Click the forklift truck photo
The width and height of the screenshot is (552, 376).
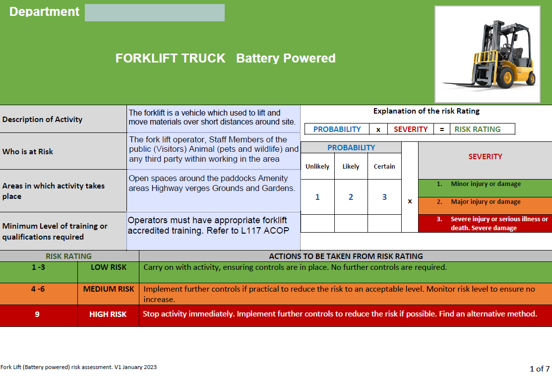click(487, 54)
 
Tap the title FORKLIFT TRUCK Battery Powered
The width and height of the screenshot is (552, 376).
click(225, 59)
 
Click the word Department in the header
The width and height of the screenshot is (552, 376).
click(44, 12)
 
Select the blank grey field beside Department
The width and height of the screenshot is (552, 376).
click(154, 13)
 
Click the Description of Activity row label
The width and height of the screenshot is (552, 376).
click(43, 120)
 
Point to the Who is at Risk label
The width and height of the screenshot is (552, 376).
click(28, 151)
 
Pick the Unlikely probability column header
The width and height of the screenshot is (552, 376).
click(317, 167)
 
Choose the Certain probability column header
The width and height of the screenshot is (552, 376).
click(384, 167)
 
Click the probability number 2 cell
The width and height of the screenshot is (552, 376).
click(351, 197)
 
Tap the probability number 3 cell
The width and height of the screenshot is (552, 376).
click(384, 197)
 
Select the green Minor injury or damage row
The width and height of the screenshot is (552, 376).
click(485, 184)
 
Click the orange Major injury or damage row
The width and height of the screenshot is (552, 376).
click(485, 202)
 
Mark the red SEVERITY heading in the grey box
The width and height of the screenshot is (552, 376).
click(485, 157)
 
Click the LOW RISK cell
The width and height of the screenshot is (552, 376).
click(108, 267)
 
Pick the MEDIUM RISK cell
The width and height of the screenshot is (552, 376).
click(108, 289)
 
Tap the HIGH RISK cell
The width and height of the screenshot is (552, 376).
click(108, 314)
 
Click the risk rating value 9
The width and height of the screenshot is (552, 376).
click(38, 314)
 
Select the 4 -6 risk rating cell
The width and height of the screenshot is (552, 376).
click(38, 289)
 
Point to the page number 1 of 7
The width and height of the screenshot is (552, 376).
click(540, 369)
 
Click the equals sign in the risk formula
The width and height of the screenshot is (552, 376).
click(441, 129)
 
